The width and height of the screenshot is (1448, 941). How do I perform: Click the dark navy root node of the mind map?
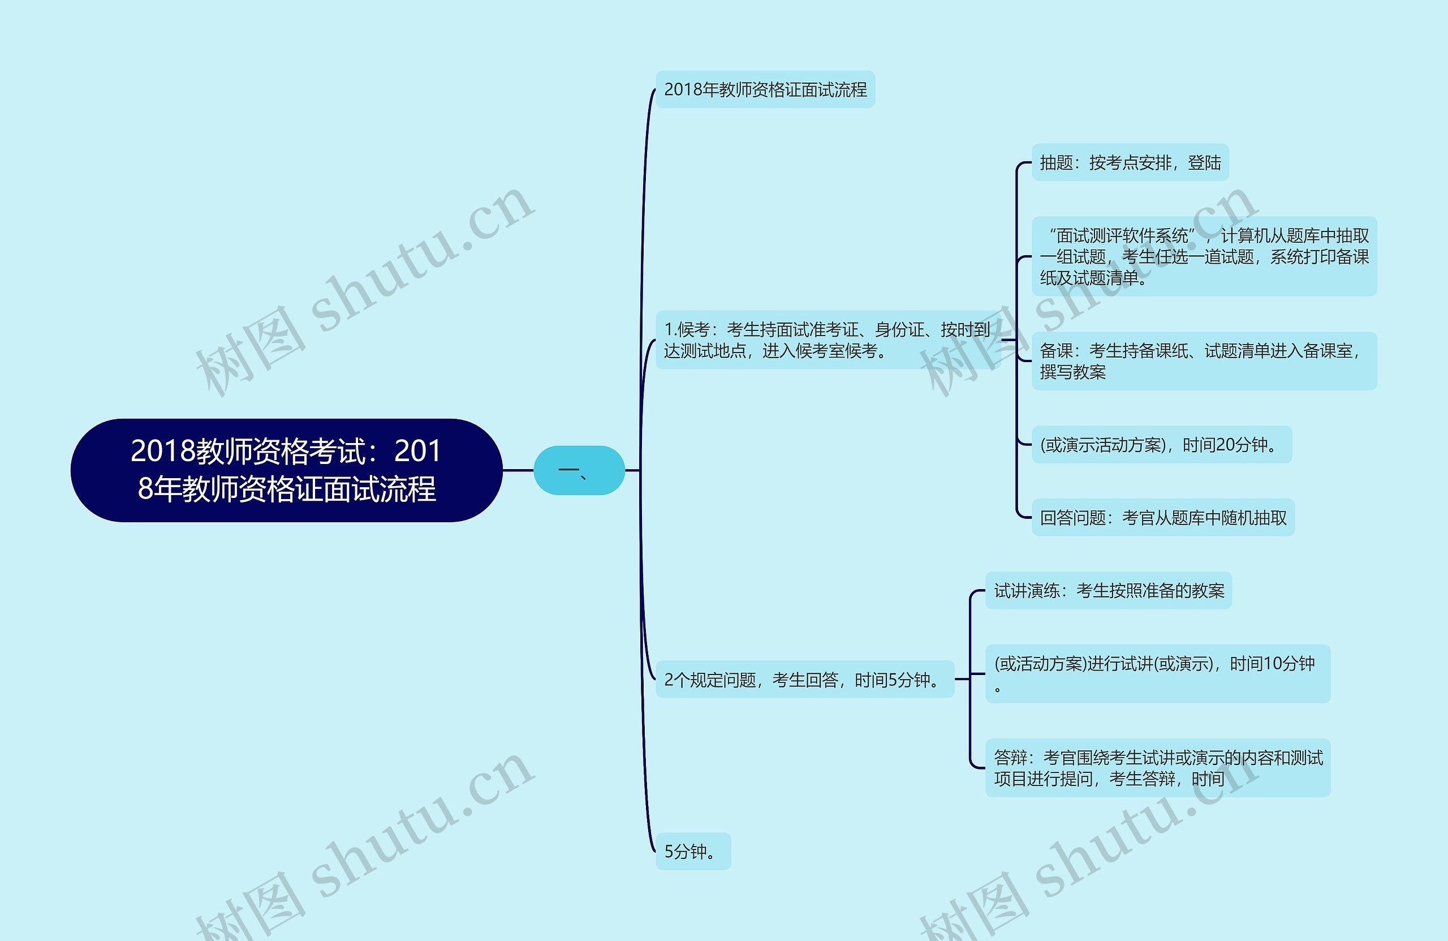click(286, 470)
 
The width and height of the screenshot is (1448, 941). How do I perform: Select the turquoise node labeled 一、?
click(579, 470)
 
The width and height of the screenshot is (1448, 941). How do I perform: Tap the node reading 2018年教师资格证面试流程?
click(765, 89)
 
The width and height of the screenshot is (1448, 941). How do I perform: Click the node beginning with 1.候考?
click(828, 340)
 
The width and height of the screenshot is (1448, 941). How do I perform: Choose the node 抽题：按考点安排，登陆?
click(1130, 162)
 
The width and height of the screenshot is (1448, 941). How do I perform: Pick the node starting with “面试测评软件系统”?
click(1204, 256)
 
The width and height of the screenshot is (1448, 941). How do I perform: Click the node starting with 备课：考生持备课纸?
click(1204, 361)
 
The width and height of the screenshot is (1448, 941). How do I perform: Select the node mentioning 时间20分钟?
click(1161, 445)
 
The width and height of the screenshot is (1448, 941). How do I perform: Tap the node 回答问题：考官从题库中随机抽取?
click(1163, 518)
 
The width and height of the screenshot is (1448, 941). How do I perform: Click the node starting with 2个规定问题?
click(804, 679)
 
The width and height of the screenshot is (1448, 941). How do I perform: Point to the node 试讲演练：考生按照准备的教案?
click(1108, 590)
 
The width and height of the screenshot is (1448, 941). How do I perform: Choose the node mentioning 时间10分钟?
click(1157, 674)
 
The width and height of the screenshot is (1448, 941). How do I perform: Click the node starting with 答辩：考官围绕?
click(1157, 768)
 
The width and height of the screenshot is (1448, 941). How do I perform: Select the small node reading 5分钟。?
click(692, 852)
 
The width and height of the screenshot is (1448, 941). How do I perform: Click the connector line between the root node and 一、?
click(518, 470)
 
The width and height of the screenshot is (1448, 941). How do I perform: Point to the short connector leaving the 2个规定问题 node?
click(962, 679)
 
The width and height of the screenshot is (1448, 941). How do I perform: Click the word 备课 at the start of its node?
click(1056, 351)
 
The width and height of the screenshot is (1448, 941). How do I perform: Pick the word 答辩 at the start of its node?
click(1011, 758)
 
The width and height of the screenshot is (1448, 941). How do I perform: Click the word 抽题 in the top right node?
click(1056, 162)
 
